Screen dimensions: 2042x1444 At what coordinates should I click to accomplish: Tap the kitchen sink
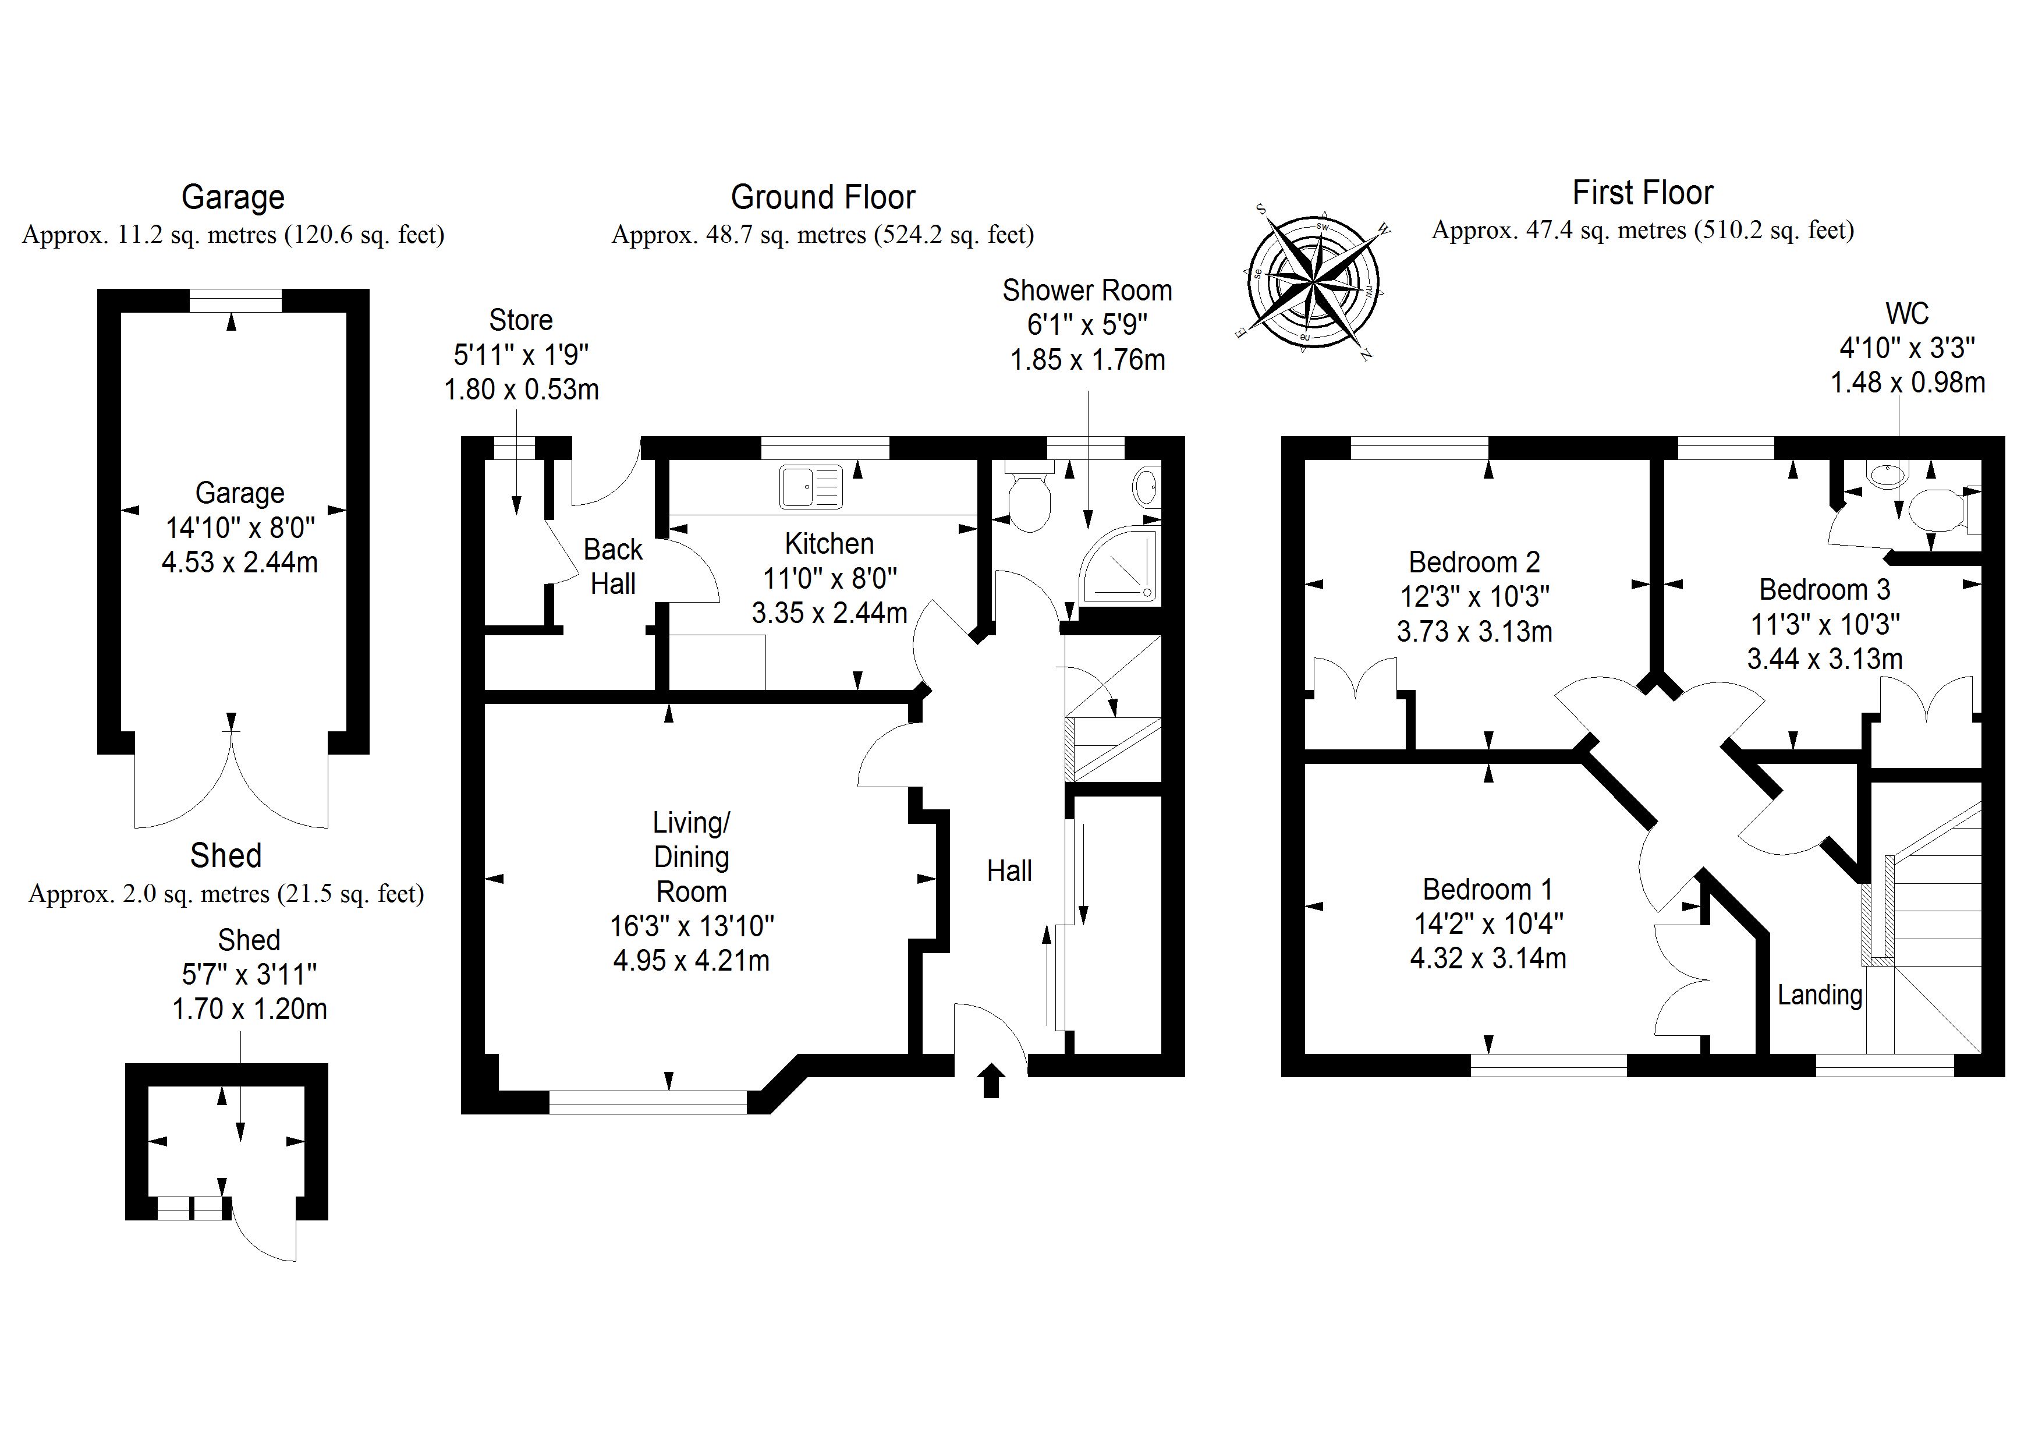pyautogui.click(x=811, y=487)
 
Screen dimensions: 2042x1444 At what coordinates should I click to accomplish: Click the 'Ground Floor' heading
pyautogui.click(x=823, y=197)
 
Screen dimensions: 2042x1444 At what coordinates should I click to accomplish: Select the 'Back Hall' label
pyautogui.click(x=613, y=567)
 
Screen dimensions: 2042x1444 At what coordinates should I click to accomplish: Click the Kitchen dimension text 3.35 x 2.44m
pyautogui.click(x=829, y=613)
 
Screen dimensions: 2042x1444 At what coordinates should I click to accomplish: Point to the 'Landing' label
pyautogui.click(x=1820, y=994)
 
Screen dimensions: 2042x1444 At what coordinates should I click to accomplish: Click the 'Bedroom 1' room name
pyautogui.click(x=1487, y=889)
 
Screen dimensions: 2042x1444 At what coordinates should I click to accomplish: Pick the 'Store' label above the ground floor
pyautogui.click(x=520, y=320)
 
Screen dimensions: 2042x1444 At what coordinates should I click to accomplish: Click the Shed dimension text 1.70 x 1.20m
pyautogui.click(x=249, y=1009)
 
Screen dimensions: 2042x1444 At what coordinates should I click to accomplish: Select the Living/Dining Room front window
pyautogui.click(x=648, y=1102)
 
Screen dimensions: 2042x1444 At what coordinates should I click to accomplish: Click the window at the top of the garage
pyautogui.click(x=236, y=300)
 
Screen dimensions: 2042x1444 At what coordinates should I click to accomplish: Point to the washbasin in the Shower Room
pyautogui.click(x=1146, y=487)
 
